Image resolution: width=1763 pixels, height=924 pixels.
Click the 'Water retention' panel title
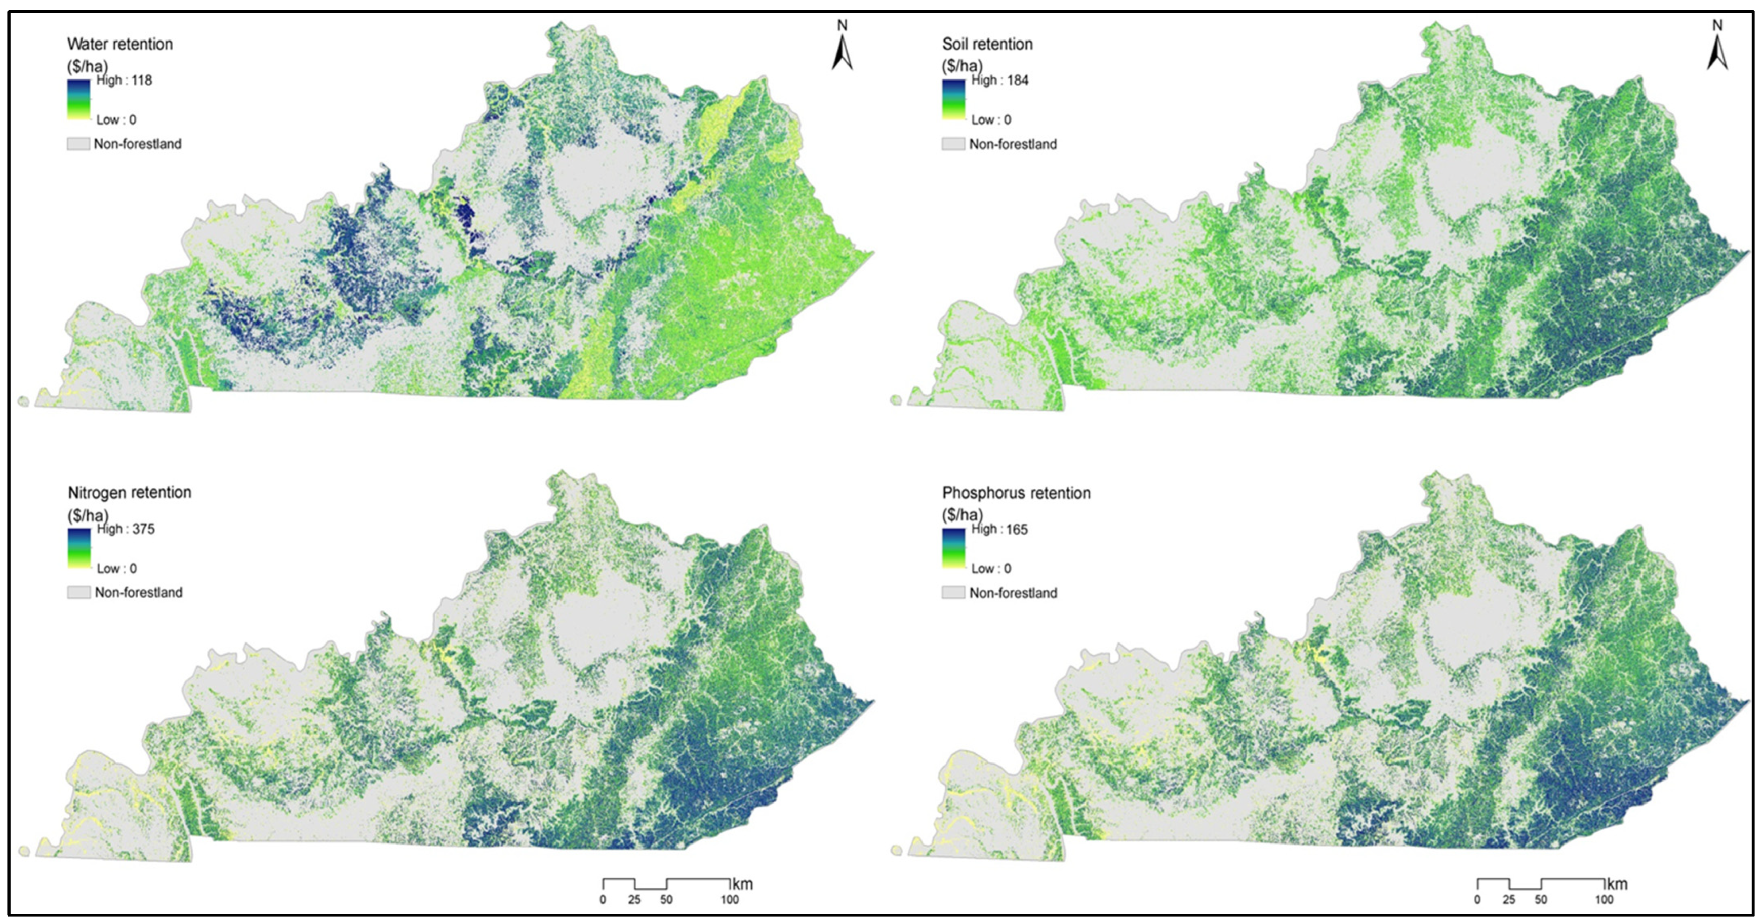120,44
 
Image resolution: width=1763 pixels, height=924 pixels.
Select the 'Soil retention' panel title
987,44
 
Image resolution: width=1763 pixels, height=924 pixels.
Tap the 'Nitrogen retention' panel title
129,492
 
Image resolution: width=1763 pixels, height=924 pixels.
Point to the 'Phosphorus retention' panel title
1016,493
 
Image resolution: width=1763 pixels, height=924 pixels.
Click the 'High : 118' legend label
124,80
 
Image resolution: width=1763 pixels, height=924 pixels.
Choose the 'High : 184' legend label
999,80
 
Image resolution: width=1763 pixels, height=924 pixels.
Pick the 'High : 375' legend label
126,529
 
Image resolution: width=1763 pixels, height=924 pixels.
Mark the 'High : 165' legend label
999,529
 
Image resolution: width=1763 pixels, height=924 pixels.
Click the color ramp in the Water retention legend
78,99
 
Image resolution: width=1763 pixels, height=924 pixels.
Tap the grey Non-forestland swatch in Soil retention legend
953,144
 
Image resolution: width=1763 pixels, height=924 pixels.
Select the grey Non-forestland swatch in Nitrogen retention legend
78,593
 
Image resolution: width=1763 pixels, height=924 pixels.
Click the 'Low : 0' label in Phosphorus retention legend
991,568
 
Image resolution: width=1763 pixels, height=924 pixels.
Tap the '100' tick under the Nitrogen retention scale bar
730,899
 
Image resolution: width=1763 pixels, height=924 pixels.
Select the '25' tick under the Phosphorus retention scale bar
1509,899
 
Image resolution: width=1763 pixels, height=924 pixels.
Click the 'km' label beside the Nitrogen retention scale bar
743,883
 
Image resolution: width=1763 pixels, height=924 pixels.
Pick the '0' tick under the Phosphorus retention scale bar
1477,899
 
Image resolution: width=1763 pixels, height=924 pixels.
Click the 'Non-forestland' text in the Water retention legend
138,144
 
